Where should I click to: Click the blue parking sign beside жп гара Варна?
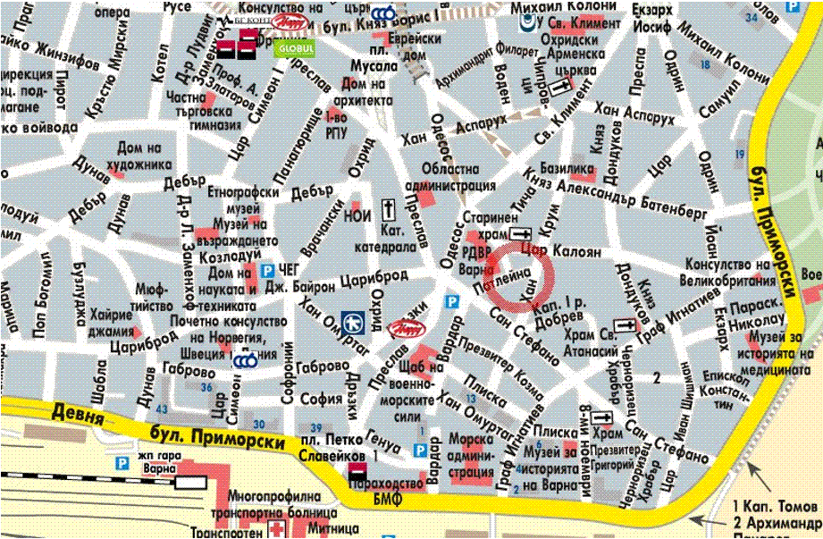122,463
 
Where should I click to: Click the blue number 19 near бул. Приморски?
739,155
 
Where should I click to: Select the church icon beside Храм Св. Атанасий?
624,325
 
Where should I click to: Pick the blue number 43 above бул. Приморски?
161,408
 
